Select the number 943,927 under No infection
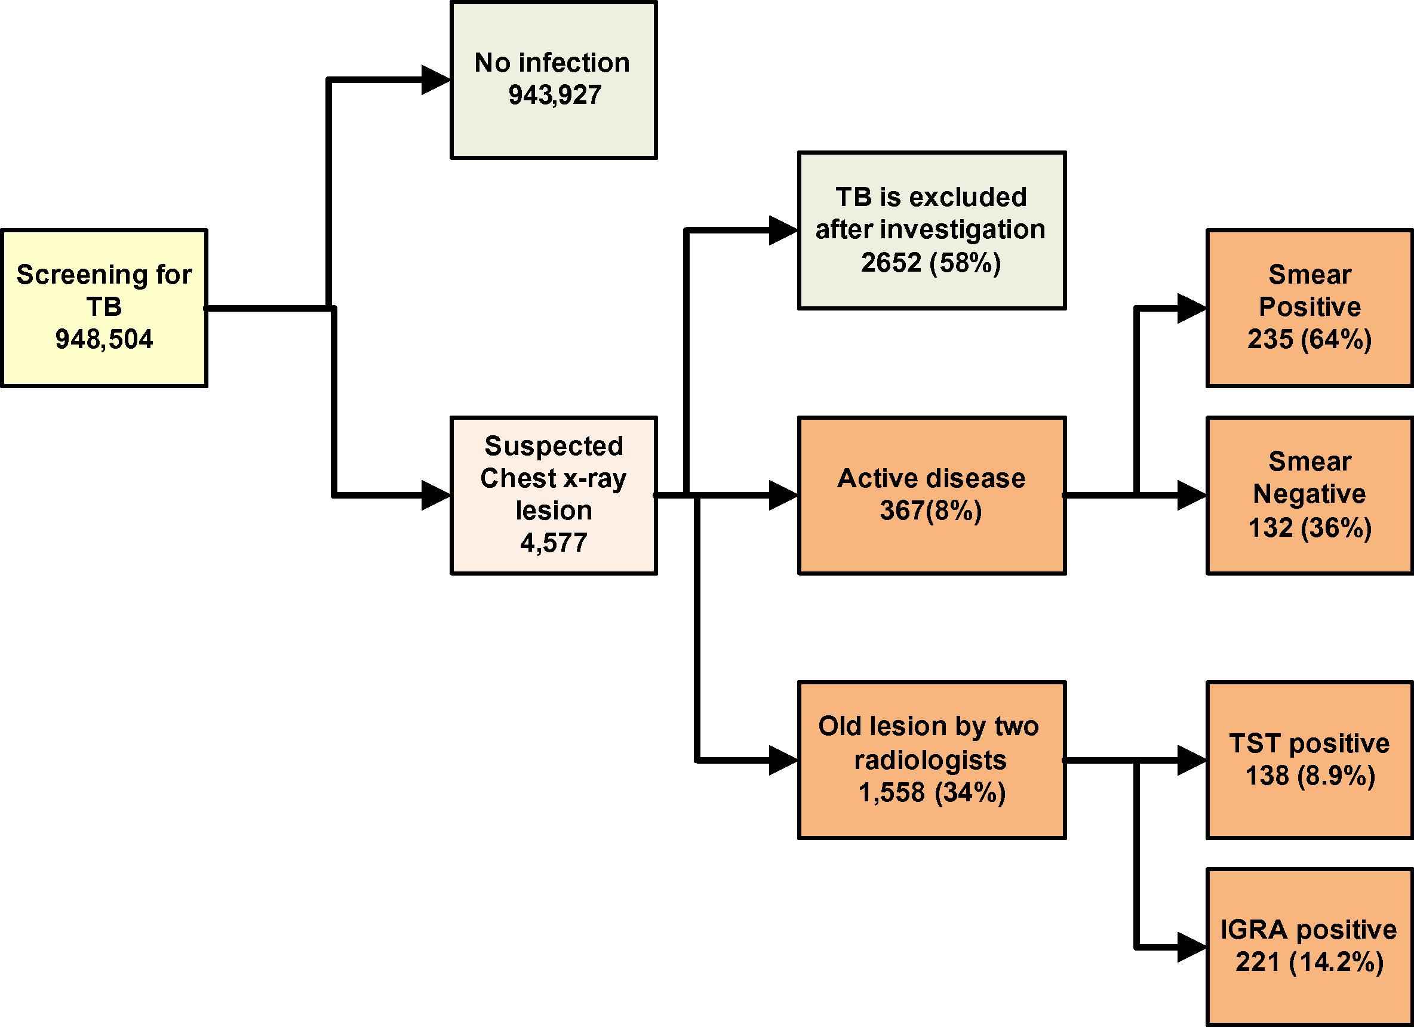click(555, 96)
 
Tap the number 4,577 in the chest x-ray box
click(554, 543)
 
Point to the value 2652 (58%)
click(931, 263)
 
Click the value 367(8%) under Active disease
click(931, 511)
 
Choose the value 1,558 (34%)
click(932, 792)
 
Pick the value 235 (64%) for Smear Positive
click(1310, 340)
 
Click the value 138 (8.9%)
click(1310, 776)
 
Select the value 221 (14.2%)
click(1310, 962)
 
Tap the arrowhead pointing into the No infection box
click(436, 80)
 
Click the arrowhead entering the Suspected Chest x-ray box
click(436, 496)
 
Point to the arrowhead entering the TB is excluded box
click(783, 230)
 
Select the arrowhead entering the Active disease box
click(783, 496)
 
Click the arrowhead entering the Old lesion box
click(783, 760)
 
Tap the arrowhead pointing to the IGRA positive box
click(1191, 948)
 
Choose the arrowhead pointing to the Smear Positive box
click(1191, 309)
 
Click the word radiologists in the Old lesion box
click(931, 760)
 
